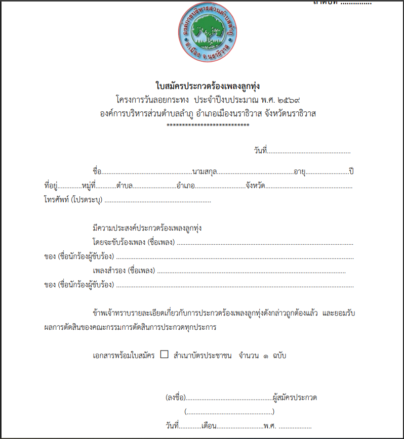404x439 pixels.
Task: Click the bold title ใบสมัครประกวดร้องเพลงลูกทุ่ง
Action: click(x=208, y=85)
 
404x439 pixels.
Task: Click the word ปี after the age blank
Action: click(x=351, y=171)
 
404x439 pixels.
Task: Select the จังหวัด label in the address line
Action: click(x=256, y=186)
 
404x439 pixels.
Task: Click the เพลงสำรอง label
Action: click(x=110, y=271)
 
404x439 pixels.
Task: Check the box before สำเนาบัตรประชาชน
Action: click(x=164, y=355)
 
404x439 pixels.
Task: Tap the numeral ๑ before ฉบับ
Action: click(x=266, y=356)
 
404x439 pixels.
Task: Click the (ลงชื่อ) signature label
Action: click(x=176, y=398)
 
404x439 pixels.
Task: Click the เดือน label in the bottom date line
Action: click(x=209, y=426)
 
